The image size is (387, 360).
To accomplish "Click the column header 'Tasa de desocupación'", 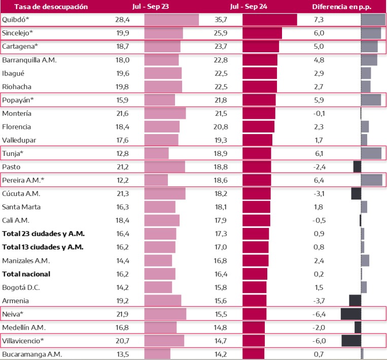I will click(x=44, y=7).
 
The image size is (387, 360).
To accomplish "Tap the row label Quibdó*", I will click(x=15, y=20).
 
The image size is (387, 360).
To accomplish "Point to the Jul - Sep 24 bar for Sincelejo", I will click(x=262, y=33).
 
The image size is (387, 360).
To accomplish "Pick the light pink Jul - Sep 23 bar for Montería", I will click(x=165, y=113).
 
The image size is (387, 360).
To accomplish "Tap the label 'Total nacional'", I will click(x=26, y=274).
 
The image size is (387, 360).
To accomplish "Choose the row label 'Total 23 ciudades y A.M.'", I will click(x=44, y=234).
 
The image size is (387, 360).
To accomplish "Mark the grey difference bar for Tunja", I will click(x=371, y=153).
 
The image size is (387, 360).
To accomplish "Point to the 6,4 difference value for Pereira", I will click(x=319, y=180).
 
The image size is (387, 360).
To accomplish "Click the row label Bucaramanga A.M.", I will click(x=32, y=354).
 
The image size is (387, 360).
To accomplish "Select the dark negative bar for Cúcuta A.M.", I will click(x=356, y=193).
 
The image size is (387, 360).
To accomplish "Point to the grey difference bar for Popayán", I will click(x=371, y=100).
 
